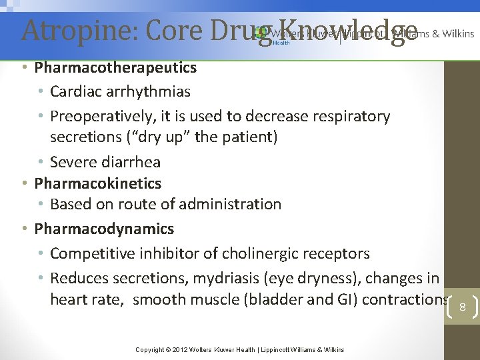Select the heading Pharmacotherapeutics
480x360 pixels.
pyautogui.click(x=115, y=67)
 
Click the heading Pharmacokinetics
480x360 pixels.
pyautogui.click(x=97, y=183)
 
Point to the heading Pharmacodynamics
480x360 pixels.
pyautogui.click(x=104, y=229)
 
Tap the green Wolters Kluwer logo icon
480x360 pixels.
pyautogui.click(x=261, y=32)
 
